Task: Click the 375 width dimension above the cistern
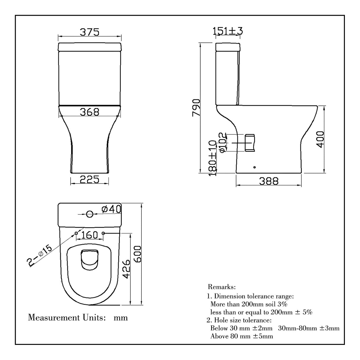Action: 89,32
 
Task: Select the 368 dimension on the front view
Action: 89,112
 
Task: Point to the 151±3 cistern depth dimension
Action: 228,31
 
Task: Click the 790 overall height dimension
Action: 197,108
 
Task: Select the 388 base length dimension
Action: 269,181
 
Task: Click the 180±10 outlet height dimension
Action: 213,159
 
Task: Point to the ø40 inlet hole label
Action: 111,209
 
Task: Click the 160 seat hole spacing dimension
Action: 90,235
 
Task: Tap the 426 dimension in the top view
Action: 126,269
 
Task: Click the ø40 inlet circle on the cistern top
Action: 89,214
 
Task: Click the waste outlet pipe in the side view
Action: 250,143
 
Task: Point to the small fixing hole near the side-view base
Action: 254,168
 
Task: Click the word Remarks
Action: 222,287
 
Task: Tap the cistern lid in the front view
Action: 90,47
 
